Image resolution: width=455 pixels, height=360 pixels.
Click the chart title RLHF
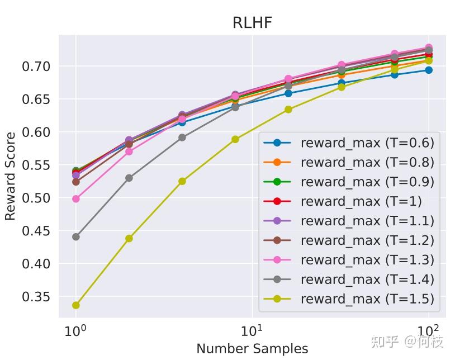coord(252,23)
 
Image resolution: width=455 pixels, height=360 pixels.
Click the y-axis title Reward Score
coord(11,176)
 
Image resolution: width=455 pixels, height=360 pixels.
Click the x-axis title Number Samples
coord(252,349)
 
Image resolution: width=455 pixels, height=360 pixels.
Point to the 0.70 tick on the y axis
coord(36,67)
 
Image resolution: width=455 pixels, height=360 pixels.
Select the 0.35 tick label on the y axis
coord(36,297)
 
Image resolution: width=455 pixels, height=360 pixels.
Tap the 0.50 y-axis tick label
coord(36,198)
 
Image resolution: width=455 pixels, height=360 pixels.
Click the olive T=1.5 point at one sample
coord(76,305)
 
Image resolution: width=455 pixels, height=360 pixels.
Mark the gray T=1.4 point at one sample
coord(76,236)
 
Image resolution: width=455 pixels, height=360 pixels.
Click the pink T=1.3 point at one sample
coord(76,198)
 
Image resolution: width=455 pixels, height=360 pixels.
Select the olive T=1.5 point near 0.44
coord(129,238)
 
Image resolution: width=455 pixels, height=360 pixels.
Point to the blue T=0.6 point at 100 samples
coord(429,70)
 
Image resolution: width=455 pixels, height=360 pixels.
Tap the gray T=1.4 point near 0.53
coord(129,178)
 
